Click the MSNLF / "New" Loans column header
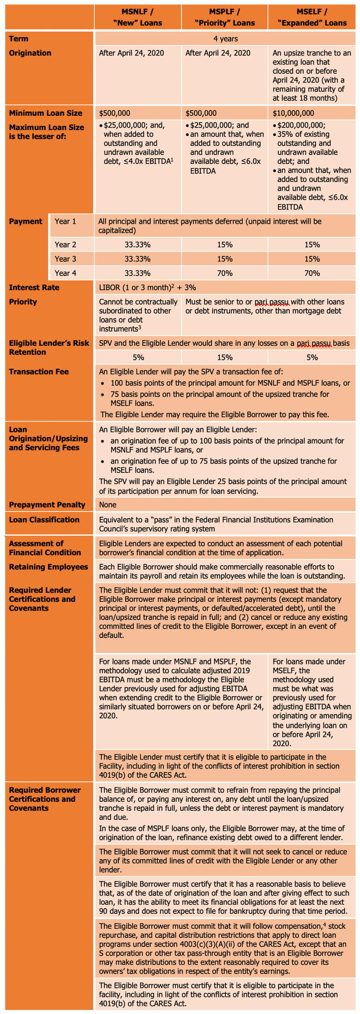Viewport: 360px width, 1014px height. point(137,17)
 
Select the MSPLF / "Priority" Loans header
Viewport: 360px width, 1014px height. point(225,17)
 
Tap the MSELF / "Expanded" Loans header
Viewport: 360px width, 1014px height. point(312,17)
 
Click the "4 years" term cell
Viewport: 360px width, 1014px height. point(226,39)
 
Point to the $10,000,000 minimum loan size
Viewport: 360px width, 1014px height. point(294,114)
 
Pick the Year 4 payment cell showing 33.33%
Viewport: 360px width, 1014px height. point(137,273)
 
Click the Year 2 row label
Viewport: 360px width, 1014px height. point(65,244)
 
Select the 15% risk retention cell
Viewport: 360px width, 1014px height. point(225,357)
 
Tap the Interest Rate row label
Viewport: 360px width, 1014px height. point(34,287)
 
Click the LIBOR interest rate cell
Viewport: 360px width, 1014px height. point(148,287)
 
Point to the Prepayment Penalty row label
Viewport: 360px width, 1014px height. point(47,505)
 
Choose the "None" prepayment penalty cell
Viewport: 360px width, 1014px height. point(108,505)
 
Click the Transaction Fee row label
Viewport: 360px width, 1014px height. point(39,371)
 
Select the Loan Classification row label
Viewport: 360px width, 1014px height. point(44,519)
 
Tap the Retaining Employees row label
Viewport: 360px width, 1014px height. point(48,567)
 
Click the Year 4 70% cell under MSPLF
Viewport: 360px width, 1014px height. point(225,273)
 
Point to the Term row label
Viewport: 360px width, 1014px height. point(18,39)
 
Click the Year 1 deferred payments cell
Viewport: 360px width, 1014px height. point(210,226)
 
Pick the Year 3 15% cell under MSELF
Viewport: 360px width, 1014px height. point(312,259)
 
